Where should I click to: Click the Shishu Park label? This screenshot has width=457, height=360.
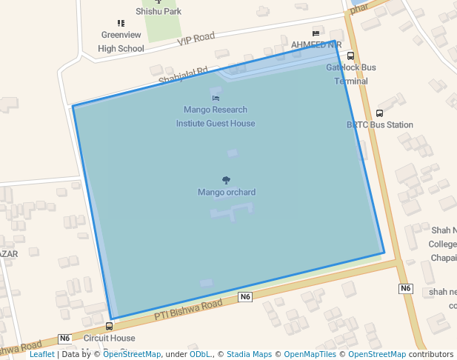pos(159,12)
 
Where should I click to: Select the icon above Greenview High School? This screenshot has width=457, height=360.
pos(121,24)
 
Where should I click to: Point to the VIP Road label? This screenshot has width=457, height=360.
pos(196,39)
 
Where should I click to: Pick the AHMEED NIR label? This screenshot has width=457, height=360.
pos(316,44)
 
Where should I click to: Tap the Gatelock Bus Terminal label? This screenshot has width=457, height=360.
pos(351,74)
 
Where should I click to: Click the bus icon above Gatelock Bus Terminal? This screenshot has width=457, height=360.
pos(350,56)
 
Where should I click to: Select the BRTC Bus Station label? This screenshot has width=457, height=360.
pos(379,125)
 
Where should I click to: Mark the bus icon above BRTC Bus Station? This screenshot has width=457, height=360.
pos(379,113)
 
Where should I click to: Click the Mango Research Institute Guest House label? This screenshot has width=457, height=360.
pos(216,117)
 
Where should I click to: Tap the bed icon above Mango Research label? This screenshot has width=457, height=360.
pos(216,98)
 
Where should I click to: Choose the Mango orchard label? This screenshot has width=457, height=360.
pos(227,193)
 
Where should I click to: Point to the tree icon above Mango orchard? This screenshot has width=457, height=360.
pos(226,180)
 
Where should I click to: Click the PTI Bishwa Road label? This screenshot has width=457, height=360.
pos(188,310)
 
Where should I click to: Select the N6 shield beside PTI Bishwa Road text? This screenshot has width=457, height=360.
pos(246,297)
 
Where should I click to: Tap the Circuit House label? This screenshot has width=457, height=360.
pos(110,339)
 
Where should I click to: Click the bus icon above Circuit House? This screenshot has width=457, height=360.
pos(110,326)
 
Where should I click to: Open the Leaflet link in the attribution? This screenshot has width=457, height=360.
pos(41,354)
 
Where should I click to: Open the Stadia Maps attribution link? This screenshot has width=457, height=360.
pos(249,354)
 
